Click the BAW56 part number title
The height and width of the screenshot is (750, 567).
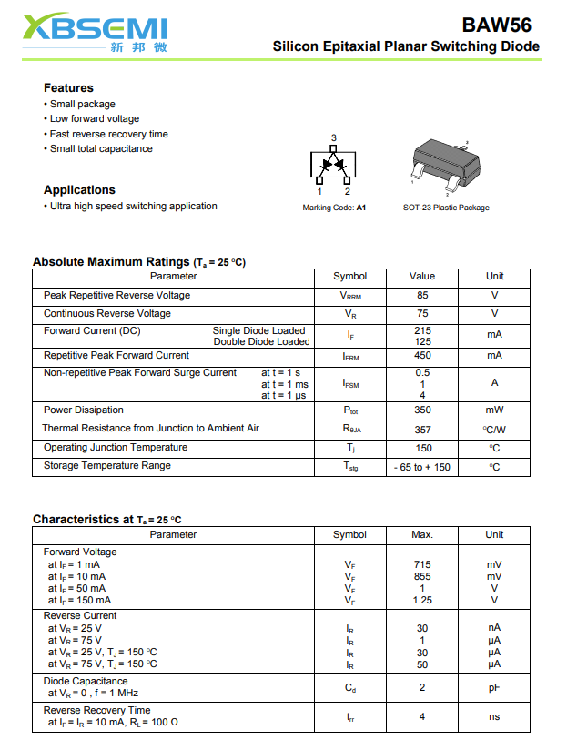pos(496,25)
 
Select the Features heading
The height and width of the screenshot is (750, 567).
pos(68,87)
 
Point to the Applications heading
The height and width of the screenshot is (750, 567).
pos(79,189)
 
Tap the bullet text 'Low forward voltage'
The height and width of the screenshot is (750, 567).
pos(95,118)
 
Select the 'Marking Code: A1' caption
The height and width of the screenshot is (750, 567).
pos(334,208)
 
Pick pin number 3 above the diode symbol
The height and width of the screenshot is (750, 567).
pos(334,138)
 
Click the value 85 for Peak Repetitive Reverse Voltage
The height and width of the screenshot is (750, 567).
pos(422,295)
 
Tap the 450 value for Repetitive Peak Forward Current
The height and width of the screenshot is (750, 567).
pos(422,356)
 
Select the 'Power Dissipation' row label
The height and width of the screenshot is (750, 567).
pos(84,410)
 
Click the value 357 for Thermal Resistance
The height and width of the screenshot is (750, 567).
pos(422,429)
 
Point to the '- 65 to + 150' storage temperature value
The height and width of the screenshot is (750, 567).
pos(422,467)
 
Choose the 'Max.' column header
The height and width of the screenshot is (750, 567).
pos(422,534)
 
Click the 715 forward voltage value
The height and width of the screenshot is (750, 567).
pos(422,564)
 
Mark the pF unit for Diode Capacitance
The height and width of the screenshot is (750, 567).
pos(494,687)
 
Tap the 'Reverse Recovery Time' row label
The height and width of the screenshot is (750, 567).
pos(97,710)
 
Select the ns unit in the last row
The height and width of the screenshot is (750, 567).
pos(494,716)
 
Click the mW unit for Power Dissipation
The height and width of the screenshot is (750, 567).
pos(494,410)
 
